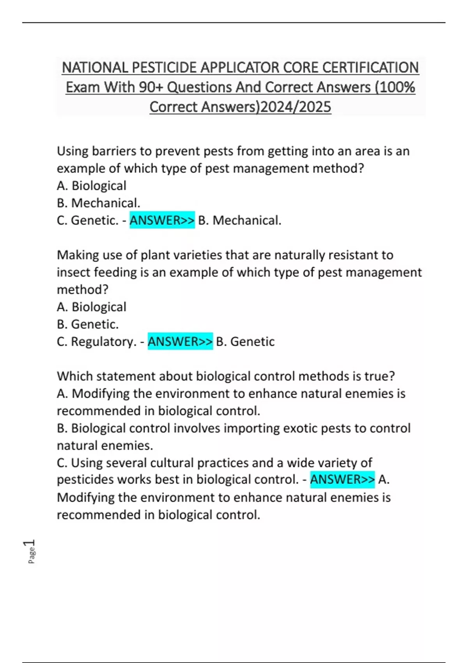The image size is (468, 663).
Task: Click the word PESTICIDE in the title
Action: pos(164,67)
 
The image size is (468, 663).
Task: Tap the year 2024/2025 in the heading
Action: pos(295,106)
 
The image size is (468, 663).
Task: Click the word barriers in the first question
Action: pos(111,151)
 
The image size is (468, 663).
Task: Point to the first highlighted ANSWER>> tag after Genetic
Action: pos(162,220)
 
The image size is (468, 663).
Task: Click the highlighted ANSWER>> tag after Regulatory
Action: pos(180,342)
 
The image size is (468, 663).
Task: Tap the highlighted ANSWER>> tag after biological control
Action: pos(342,479)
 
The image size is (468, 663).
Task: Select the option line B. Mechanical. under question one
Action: pos(98,203)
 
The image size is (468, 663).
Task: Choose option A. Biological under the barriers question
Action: pos(91,186)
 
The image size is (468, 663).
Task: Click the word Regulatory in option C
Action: pos(103,342)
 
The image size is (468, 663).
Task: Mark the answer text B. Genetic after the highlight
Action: pos(245,342)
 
